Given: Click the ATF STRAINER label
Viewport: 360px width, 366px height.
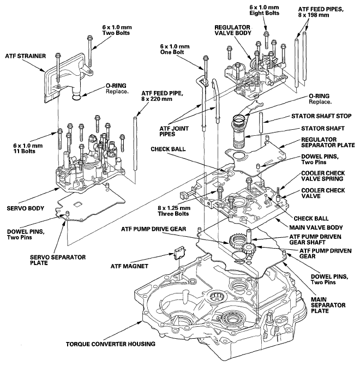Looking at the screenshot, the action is point(26,56).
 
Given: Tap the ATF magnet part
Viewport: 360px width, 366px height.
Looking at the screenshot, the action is point(180,253).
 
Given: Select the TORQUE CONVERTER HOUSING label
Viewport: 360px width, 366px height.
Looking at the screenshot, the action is point(110,344).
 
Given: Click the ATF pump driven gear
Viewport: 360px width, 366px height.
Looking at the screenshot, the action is point(249,250).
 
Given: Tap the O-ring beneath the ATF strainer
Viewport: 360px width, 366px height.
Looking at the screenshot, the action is point(77,97).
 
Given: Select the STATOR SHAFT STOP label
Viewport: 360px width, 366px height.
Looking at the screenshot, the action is point(321,116).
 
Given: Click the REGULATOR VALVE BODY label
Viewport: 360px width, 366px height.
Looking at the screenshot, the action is point(232,30).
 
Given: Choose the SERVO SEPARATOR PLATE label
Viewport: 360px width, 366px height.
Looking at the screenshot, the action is point(58,260).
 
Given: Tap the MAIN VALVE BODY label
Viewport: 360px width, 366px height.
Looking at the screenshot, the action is point(316,227).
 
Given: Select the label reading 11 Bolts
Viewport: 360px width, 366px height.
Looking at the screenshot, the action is point(24,151).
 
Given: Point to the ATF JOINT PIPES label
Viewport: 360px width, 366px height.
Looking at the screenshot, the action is point(174,131).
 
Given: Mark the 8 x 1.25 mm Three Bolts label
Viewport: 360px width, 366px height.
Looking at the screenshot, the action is point(174,211).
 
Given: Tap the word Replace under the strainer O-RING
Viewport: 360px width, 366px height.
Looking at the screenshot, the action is point(117,91).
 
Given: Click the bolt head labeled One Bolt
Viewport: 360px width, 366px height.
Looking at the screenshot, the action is point(206,58).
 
